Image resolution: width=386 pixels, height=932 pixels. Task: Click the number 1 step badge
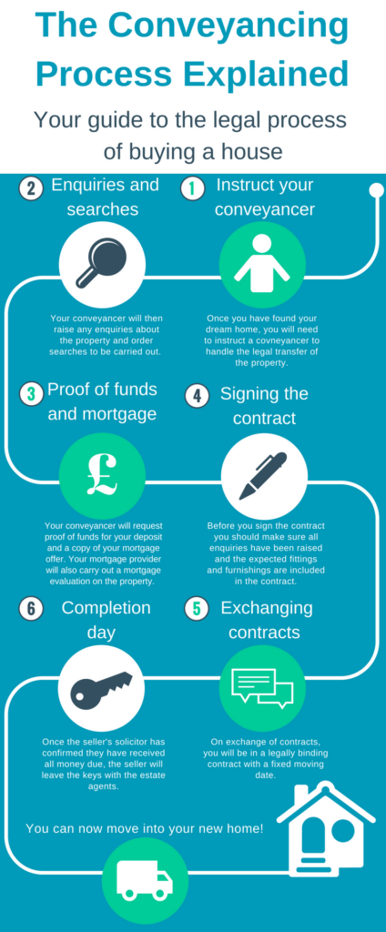191,189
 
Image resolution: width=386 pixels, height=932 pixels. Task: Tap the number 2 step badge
31,189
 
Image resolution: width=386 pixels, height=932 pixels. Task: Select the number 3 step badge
31,395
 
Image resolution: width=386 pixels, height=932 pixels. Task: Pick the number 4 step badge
197,397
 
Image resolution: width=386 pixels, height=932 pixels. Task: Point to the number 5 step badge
197,610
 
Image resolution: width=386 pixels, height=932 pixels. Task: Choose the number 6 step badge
31,610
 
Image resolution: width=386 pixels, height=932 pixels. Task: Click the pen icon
263,475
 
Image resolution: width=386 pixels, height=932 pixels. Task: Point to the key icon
101,687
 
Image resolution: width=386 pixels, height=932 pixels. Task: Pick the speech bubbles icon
262,688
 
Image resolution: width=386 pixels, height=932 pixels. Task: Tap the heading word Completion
106,608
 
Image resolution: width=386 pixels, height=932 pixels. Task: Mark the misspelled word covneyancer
289,341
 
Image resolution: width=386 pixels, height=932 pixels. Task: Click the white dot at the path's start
377,190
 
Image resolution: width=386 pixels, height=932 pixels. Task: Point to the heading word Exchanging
267,608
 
